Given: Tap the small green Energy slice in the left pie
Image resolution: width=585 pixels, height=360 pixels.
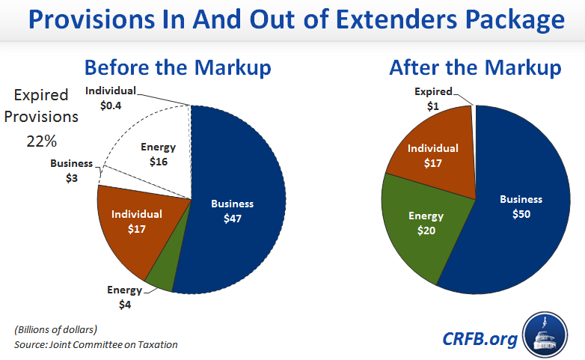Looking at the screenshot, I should [x=162, y=277].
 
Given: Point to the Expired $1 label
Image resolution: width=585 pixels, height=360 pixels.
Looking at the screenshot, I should [x=433, y=98].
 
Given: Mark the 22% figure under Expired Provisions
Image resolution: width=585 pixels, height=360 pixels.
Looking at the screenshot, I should [x=41, y=139].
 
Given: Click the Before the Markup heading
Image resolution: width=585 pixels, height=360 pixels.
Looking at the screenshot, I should [x=177, y=68].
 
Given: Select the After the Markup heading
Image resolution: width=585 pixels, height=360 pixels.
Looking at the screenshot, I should [x=475, y=68].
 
